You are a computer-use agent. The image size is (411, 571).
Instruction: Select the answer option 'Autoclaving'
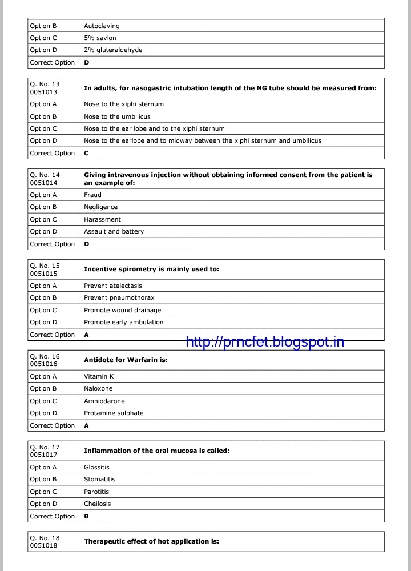[102, 26]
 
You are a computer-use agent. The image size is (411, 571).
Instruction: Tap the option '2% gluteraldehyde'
[113, 50]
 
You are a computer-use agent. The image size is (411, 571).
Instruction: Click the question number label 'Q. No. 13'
[45, 85]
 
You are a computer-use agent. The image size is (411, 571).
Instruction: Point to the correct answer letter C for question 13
[86, 153]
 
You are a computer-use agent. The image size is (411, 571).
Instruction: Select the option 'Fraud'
[92, 195]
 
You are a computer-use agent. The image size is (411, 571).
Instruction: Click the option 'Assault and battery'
[114, 231]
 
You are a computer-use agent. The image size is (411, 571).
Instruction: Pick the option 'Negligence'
[100, 207]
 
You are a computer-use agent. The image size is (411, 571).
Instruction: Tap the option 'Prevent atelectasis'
[112, 285]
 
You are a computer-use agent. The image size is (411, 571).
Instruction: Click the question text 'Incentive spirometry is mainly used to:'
[151, 269]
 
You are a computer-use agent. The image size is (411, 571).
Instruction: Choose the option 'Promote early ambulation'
[123, 322]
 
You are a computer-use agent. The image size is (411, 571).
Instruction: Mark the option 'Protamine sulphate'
[114, 413]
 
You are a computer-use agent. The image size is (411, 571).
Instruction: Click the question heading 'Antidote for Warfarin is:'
[126, 360]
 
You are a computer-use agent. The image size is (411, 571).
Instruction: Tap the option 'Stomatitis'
[99, 479]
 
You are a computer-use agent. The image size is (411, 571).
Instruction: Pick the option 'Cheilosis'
[97, 504]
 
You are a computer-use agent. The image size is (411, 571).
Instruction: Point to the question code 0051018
[45, 545]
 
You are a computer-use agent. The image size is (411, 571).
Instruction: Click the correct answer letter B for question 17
[86, 516]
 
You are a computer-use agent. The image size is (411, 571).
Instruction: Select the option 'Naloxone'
[98, 388]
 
